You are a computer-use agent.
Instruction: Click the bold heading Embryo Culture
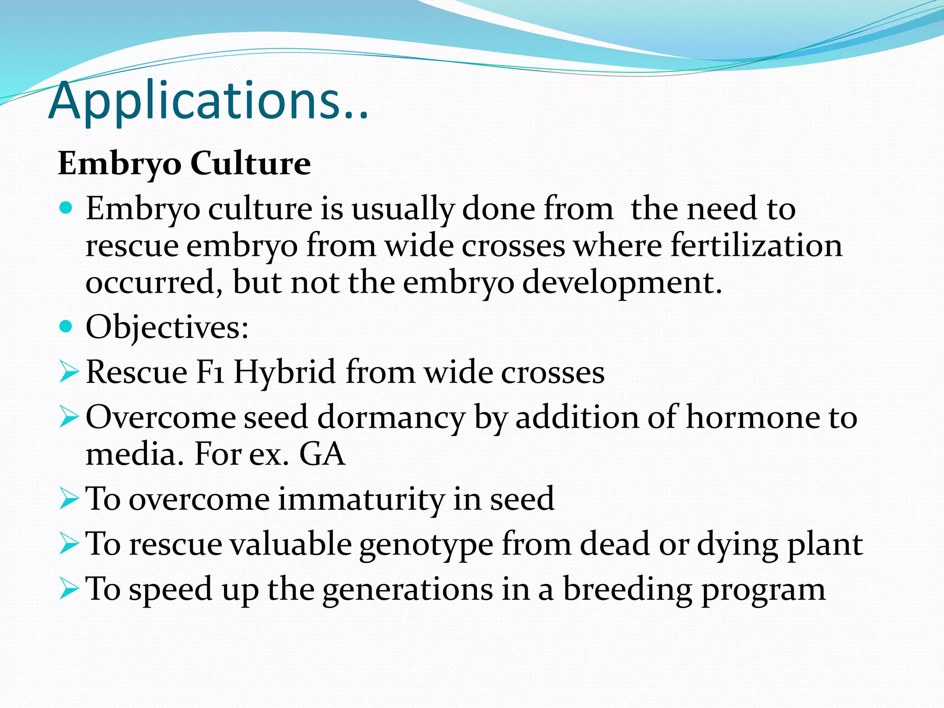pos(184,164)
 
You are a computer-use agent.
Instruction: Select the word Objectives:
pos(167,328)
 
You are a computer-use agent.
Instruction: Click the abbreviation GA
pos(322,454)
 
